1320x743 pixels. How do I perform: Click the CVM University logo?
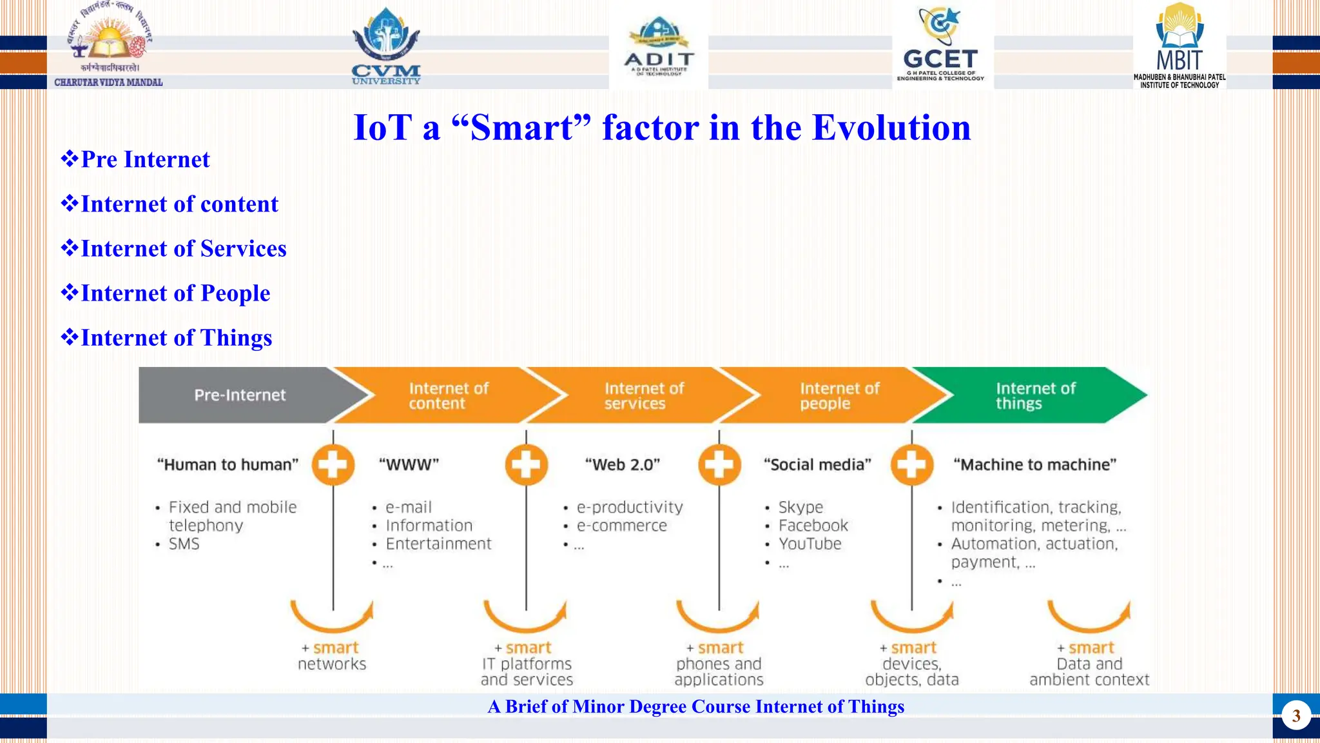tap(386, 46)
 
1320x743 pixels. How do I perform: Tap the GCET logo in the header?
tap(940, 45)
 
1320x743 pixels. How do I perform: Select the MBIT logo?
tap(1179, 45)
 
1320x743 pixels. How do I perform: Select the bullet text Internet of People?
tap(175, 293)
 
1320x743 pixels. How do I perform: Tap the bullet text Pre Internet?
tap(145, 160)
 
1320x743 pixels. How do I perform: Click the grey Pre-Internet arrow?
tap(240, 395)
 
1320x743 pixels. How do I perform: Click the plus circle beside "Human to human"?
tap(333, 464)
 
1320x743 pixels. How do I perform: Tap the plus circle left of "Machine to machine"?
tap(912, 464)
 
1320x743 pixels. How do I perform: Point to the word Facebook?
tap(813, 526)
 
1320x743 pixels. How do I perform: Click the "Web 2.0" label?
tap(623, 465)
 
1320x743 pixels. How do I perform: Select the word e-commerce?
tap(621, 526)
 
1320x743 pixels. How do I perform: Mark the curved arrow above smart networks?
tap(331, 617)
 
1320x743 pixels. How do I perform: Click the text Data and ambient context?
tap(1089, 671)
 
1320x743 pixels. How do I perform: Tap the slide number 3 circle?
tap(1296, 716)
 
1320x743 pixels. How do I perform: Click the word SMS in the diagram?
tap(184, 544)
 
